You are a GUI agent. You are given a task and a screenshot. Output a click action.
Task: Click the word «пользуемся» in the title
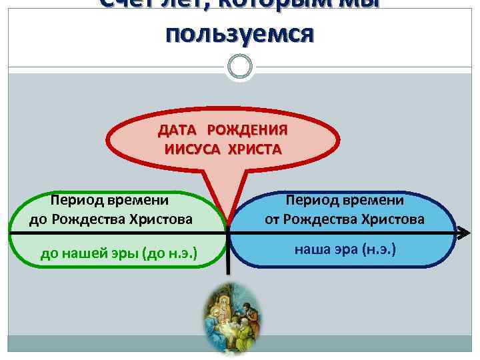[239, 33]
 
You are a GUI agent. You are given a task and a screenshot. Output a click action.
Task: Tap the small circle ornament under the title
[239, 67]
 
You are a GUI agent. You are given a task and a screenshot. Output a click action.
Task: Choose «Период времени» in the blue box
[344, 199]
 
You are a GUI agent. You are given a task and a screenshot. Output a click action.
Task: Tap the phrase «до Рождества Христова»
[110, 218]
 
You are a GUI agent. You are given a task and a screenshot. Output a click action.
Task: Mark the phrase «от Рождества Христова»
[344, 218]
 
